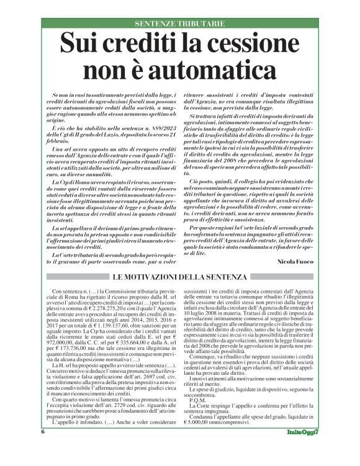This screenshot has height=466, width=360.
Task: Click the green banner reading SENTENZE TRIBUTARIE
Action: [x=179, y=24]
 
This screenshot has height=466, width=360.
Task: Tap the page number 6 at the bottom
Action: [x=43, y=449]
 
